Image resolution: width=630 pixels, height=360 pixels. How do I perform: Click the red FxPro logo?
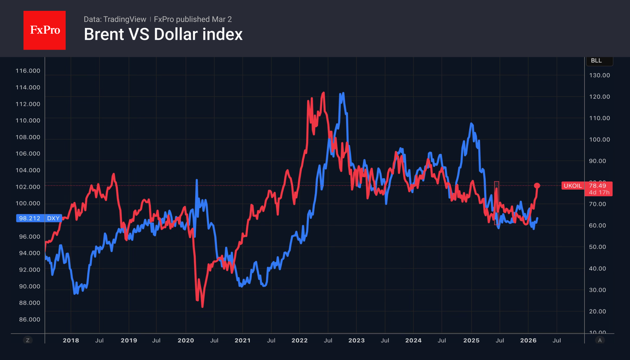pos(45,30)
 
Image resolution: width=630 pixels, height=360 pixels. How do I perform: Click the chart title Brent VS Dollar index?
pos(163,34)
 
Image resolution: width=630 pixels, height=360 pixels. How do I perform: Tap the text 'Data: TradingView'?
pos(115,19)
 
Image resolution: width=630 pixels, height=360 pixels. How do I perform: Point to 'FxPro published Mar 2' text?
pos(193,19)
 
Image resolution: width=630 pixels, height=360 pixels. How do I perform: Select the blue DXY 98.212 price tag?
pos(39,218)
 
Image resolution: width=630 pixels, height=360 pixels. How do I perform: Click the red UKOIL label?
pos(572,186)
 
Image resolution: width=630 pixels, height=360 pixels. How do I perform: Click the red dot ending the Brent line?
pos(537,185)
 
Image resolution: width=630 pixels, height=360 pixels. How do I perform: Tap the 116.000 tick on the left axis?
pos(28,71)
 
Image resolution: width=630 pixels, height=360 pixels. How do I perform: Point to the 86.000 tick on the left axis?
pos(30,319)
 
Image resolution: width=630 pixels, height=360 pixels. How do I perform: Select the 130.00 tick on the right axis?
pos(599,75)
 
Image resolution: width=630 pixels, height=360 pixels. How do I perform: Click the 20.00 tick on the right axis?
pos(597,311)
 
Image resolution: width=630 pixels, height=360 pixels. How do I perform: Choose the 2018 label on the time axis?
pos(71,340)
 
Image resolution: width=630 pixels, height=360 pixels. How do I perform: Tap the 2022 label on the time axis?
pos(299,340)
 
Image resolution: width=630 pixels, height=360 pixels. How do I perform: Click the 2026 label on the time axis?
pos(528,340)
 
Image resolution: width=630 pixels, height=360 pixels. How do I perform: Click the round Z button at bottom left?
pos(28,340)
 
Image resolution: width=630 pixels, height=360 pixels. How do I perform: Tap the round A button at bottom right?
pos(600,340)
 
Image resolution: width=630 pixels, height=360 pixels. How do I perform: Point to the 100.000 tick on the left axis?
pos(28,203)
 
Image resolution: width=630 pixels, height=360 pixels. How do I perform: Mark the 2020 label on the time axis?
pos(186,340)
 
